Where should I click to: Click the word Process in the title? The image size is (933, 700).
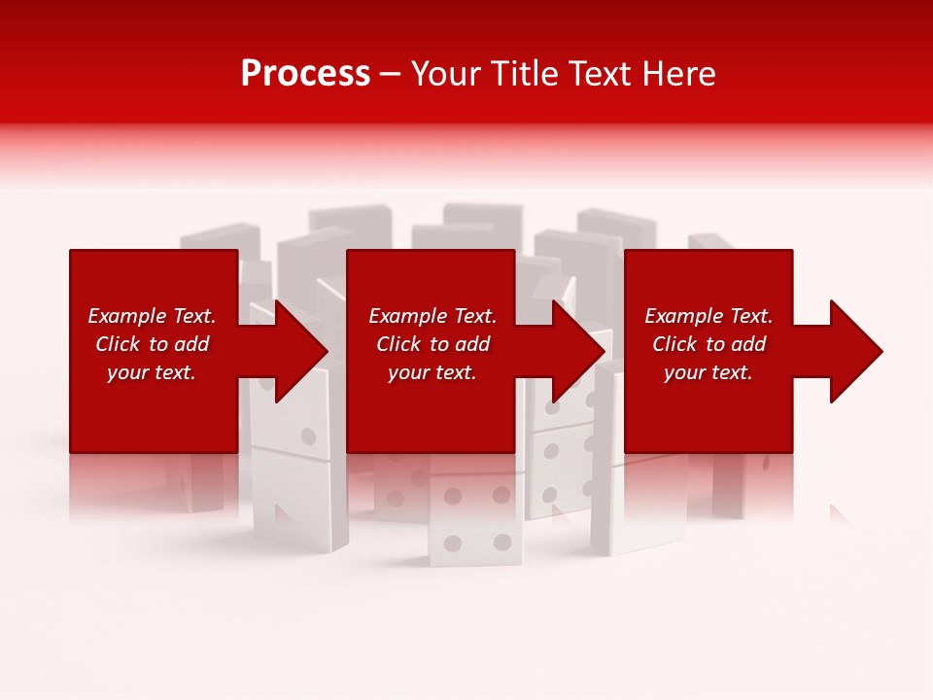[305, 74]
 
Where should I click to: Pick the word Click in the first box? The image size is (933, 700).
[118, 344]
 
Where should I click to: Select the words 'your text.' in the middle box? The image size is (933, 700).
[432, 372]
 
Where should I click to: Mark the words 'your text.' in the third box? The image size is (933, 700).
[708, 372]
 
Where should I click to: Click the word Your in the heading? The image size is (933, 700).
[444, 74]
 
